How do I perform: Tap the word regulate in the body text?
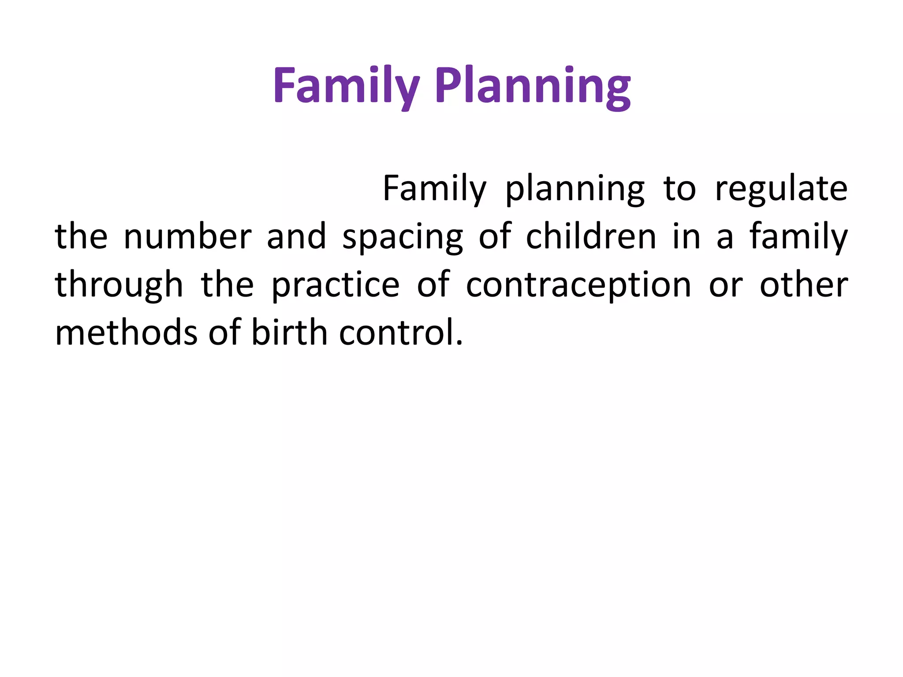[781, 189]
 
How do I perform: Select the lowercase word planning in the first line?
[575, 189]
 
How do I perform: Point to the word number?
[187, 237]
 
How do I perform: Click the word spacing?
[403, 237]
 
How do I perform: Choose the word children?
[591, 237]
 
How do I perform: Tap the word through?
[119, 285]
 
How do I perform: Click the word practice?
[335, 285]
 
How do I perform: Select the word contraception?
[578, 285]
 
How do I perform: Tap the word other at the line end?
[803, 285]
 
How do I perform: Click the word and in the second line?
[296, 237]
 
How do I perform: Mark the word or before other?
[726, 285]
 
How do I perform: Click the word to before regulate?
[679, 189]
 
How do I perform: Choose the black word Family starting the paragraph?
[434, 189]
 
